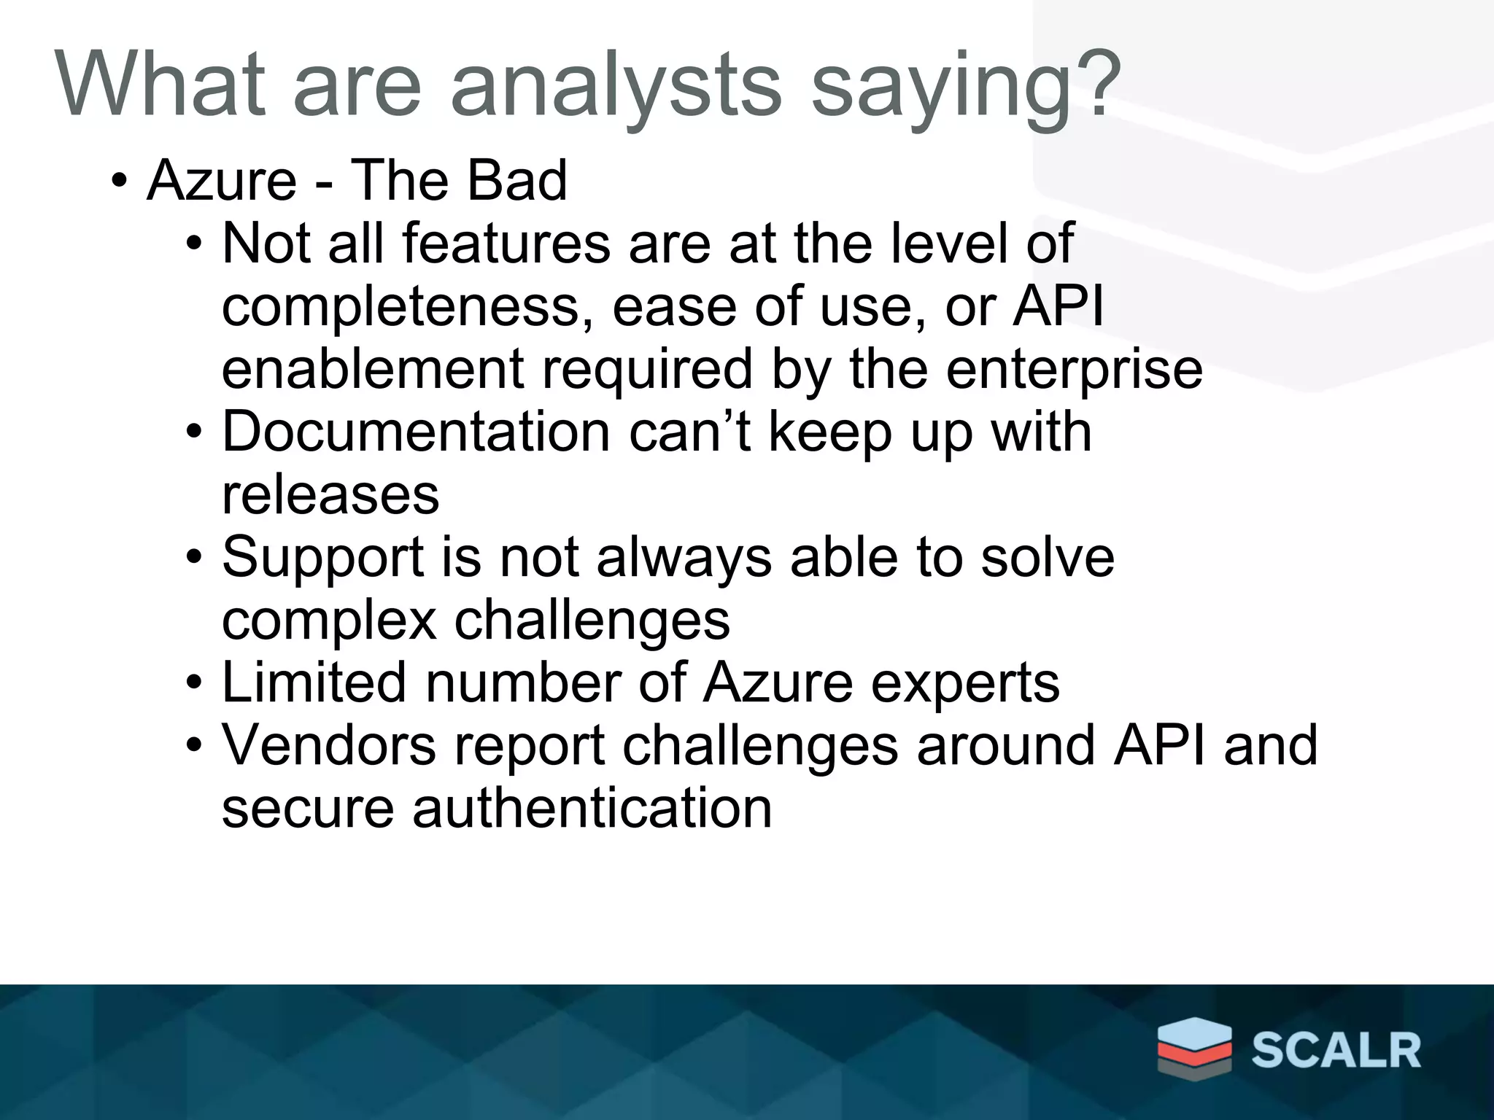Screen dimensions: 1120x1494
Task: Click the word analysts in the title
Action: click(616, 86)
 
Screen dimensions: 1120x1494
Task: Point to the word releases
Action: click(330, 495)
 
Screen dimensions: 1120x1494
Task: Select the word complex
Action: click(328, 621)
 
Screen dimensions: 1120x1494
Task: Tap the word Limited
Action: click(314, 683)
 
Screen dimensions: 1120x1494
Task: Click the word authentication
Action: click(592, 809)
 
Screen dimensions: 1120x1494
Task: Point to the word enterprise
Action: click(1074, 370)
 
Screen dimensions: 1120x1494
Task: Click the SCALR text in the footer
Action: click(1336, 1050)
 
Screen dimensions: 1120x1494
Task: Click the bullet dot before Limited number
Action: click(193, 684)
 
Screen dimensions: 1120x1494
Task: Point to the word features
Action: click(506, 244)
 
